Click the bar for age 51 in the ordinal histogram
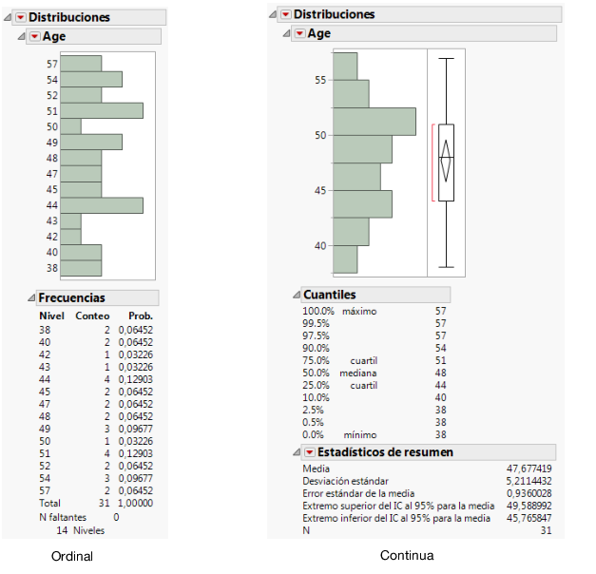102,110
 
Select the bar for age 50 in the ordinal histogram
70,126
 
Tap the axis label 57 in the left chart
52,64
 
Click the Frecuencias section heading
71,297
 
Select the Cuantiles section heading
329,295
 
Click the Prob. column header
141,316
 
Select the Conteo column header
93,316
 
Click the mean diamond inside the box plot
446,158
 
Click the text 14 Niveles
81,530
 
